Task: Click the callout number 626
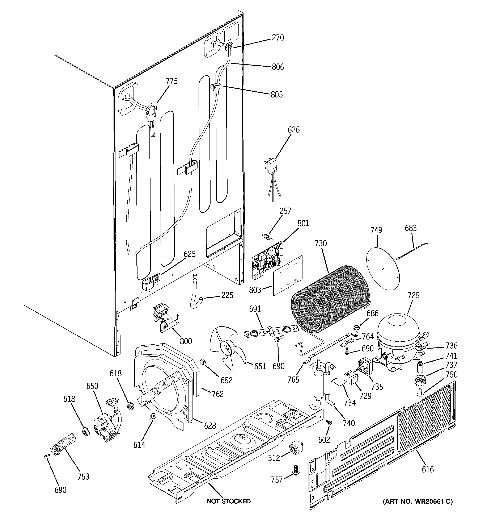pyautogui.click(x=293, y=130)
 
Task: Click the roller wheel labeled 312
pyautogui.click(x=296, y=449)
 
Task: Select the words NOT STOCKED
pyautogui.click(x=228, y=501)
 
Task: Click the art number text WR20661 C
pyautogui.click(x=418, y=502)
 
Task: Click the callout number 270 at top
pyautogui.click(x=278, y=38)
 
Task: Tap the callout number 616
pyautogui.click(x=428, y=470)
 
